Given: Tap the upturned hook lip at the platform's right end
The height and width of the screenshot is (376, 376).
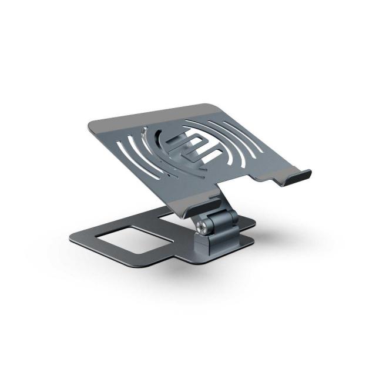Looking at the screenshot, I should (297, 177).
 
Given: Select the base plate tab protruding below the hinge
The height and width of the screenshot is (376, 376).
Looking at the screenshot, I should (170, 258).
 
